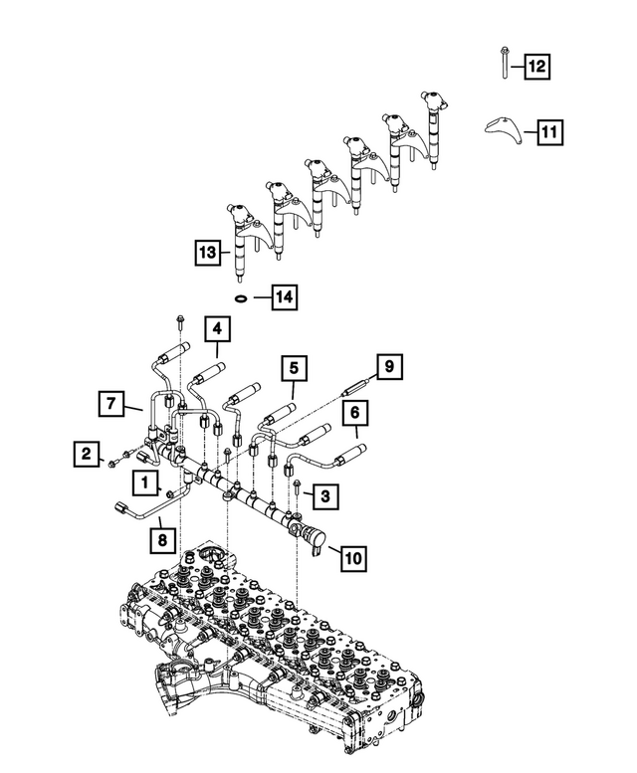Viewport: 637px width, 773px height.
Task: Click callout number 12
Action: point(536,67)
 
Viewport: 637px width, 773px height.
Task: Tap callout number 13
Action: point(207,253)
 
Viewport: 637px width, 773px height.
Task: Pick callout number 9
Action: point(389,368)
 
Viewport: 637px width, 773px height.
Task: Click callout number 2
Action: point(87,455)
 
